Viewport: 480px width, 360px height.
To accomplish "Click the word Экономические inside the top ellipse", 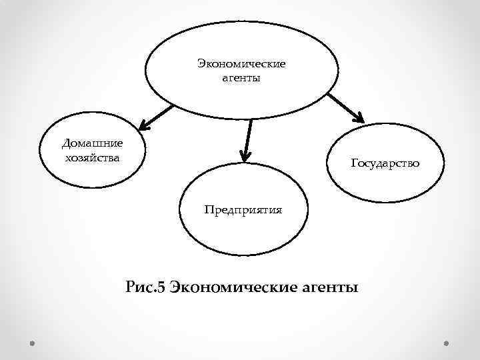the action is coord(241,65).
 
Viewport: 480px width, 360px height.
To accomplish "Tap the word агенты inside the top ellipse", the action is coord(241,79).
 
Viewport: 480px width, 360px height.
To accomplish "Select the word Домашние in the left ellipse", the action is coord(92,143).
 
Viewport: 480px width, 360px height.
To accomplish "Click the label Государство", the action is coord(385,163).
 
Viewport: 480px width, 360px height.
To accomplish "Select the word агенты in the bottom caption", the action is coord(326,289).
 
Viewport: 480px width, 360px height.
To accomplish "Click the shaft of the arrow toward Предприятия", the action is coord(248,137).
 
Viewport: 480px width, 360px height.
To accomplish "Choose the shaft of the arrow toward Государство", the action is coord(343,105).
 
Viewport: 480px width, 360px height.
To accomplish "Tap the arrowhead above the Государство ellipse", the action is coord(359,118).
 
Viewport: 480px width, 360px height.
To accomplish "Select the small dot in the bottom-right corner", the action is coord(447,345).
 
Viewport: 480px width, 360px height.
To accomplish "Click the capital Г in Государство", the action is coord(353,163).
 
